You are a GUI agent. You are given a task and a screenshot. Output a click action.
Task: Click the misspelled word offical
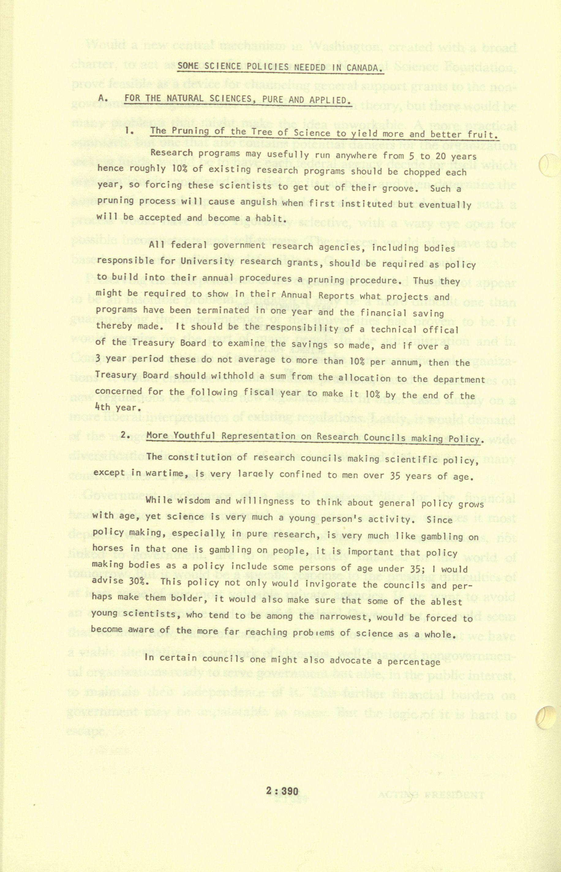[440, 330]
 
